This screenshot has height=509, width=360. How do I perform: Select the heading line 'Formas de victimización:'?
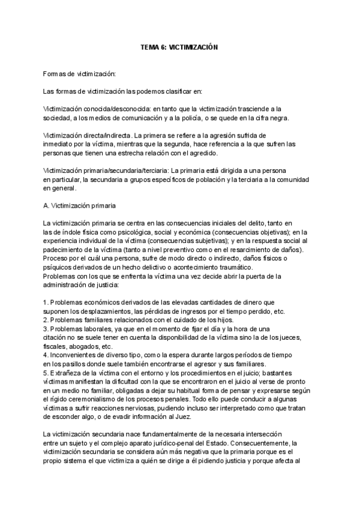click(79, 74)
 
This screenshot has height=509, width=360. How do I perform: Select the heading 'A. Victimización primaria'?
click(84, 206)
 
